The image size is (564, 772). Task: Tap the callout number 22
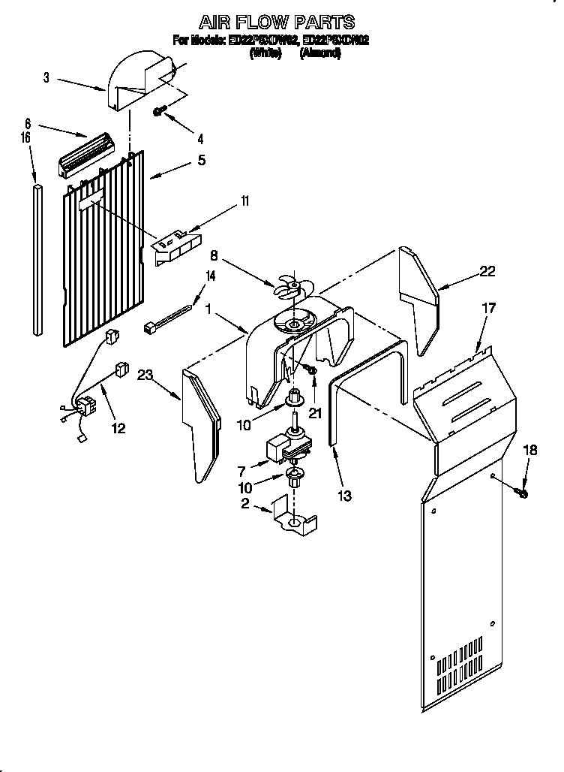487,272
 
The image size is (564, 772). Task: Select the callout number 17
488,307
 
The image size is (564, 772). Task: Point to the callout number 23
145,378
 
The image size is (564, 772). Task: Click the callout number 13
345,496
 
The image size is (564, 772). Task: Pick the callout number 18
530,451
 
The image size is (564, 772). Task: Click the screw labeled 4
160,111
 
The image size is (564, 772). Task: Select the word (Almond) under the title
320,54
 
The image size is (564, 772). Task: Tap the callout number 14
211,276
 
